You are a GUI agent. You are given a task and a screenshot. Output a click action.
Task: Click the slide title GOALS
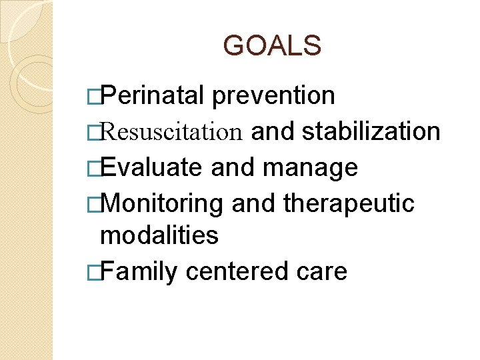[272, 45]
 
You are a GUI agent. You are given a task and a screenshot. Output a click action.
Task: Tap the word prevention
[273, 96]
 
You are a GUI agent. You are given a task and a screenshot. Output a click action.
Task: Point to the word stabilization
[371, 131]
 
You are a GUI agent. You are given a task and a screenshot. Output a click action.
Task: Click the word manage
[311, 168]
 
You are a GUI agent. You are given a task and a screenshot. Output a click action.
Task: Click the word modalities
[159, 235]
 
